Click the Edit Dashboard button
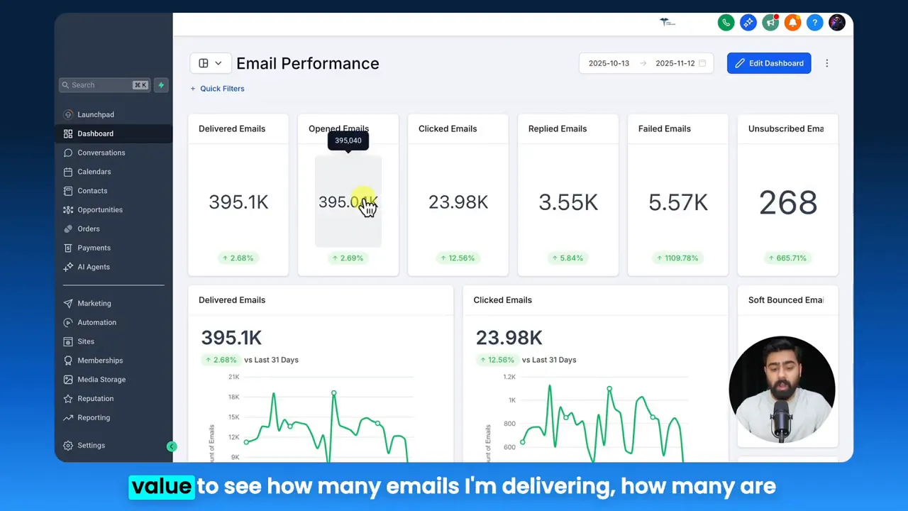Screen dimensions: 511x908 pos(769,63)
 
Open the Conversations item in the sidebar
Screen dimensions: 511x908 pos(101,153)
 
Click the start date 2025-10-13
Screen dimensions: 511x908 pos(609,63)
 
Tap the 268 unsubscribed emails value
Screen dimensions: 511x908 pos(787,203)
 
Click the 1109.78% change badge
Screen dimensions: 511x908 pos(677,258)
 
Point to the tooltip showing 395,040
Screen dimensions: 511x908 pos(348,141)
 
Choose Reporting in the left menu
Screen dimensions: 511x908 pos(94,417)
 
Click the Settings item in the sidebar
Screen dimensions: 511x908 pos(91,445)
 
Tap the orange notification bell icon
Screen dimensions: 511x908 pos(792,23)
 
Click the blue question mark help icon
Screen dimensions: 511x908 pos(815,23)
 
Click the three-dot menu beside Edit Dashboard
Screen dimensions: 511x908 pos(826,63)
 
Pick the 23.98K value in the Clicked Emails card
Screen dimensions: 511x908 pos(458,203)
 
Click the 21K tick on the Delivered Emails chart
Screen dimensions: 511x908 pos(233,377)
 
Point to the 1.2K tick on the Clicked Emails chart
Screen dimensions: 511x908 pos(509,377)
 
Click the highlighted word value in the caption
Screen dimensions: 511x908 pos(161,486)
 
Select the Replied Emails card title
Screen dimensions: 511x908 pos(557,128)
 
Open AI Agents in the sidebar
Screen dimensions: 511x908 pos(93,267)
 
